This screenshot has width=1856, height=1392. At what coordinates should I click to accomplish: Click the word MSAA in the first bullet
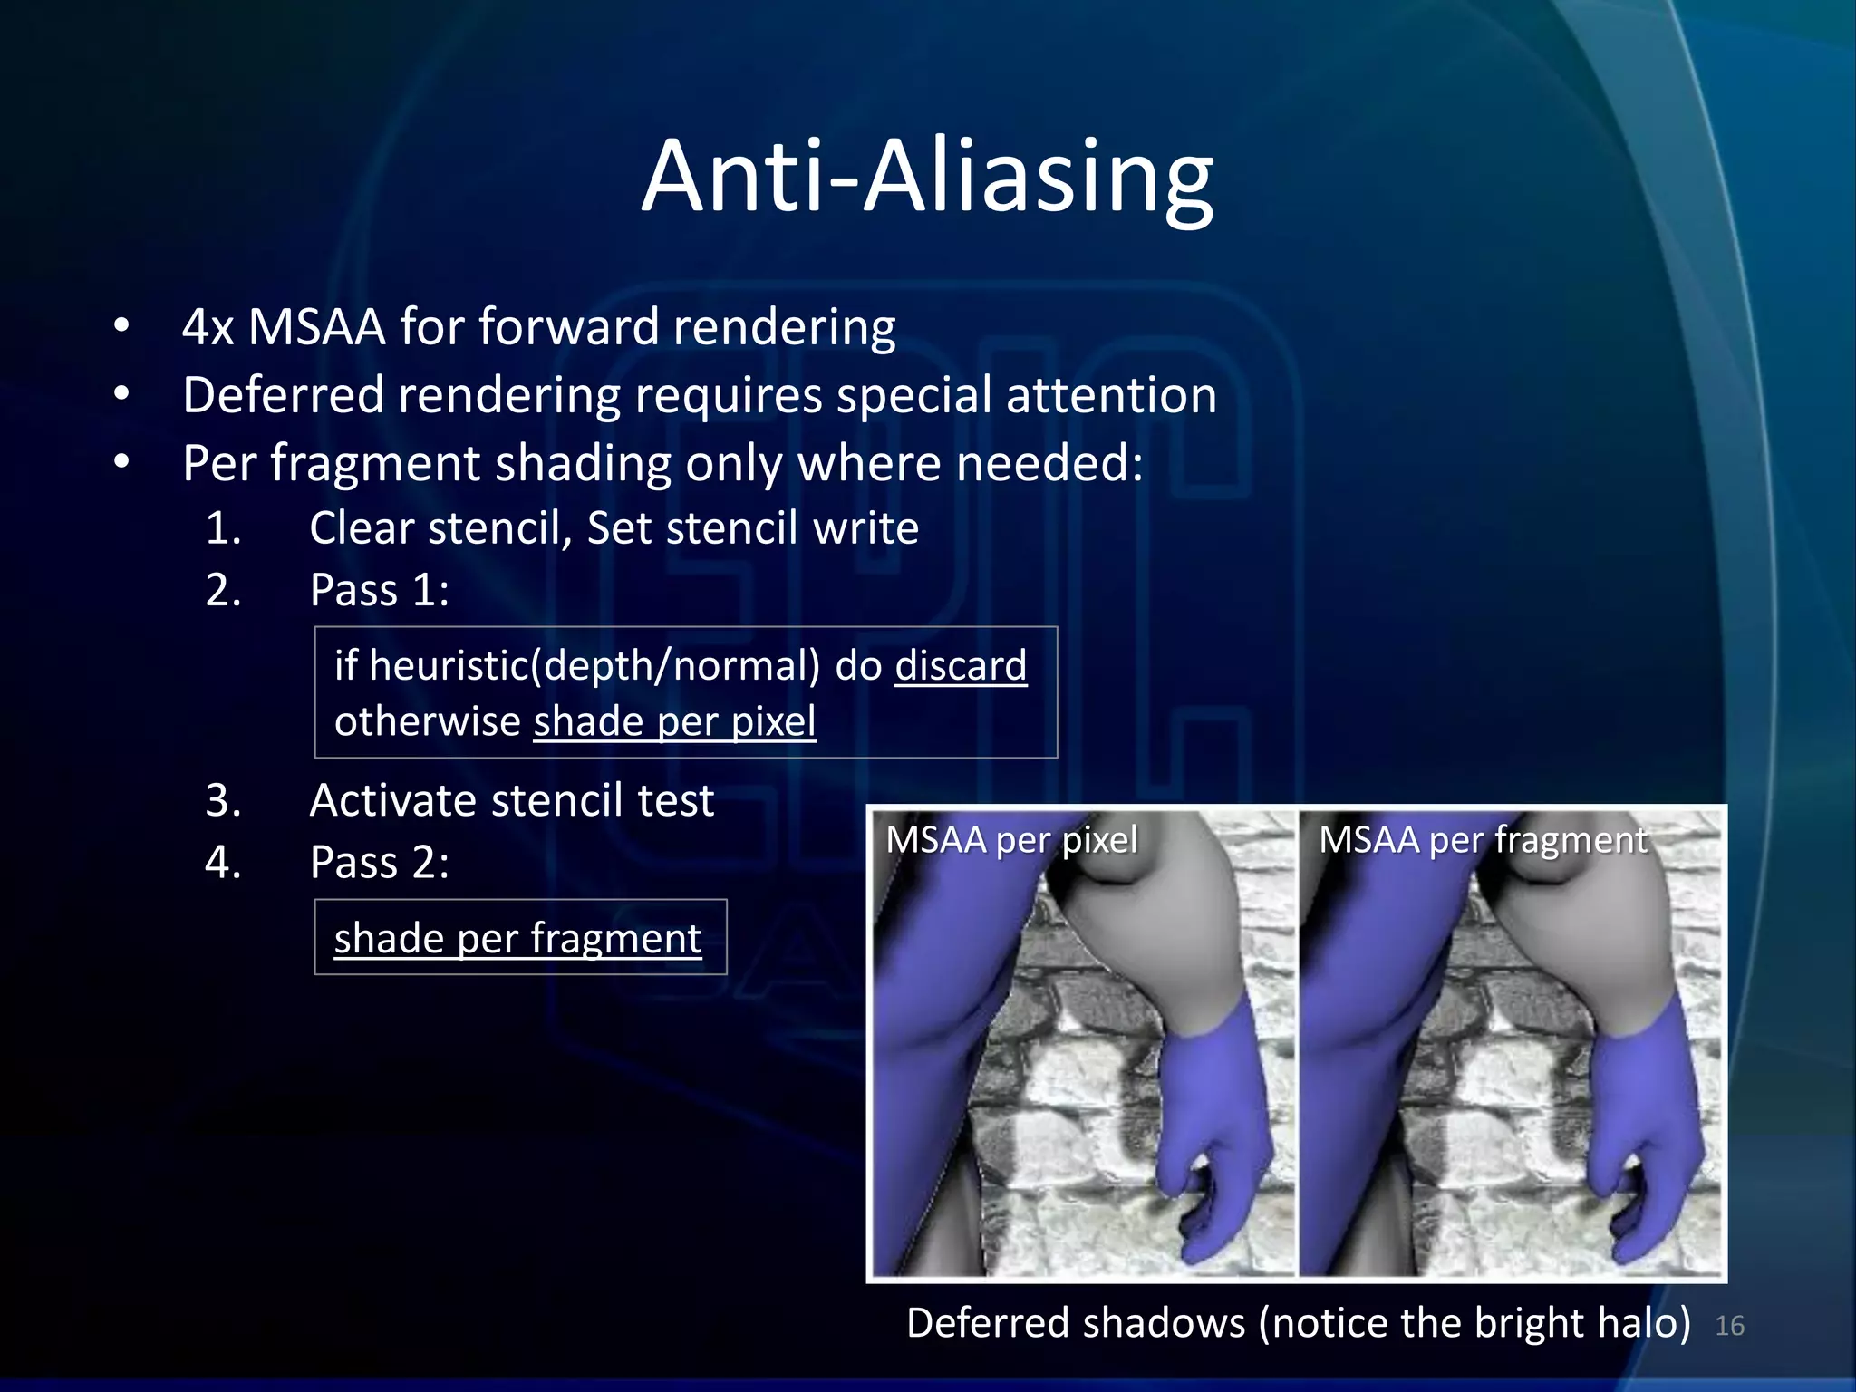click(x=316, y=327)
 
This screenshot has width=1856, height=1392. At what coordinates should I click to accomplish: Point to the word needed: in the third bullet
click(x=1049, y=463)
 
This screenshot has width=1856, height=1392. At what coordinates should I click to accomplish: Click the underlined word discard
click(x=961, y=666)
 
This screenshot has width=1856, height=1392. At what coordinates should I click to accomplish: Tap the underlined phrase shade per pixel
click(x=674, y=722)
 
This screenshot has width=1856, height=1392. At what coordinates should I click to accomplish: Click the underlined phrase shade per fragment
click(x=517, y=938)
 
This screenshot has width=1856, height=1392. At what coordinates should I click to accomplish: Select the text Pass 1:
click(x=379, y=591)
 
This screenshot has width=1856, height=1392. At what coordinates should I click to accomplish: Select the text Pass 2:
click(x=379, y=862)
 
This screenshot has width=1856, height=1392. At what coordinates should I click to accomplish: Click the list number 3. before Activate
click(x=223, y=801)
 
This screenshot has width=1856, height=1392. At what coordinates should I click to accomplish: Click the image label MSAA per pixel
click(x=1010, y=840)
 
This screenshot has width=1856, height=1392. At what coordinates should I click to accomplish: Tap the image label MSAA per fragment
click(x=1483, y=840)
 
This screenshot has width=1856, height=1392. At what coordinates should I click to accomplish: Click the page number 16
click(x=1729, y=1326)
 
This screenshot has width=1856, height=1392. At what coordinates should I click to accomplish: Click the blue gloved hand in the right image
click(x=1640, y=1133)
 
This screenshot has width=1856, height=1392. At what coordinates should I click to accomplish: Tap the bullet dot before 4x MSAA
click(x=121, y=325)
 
